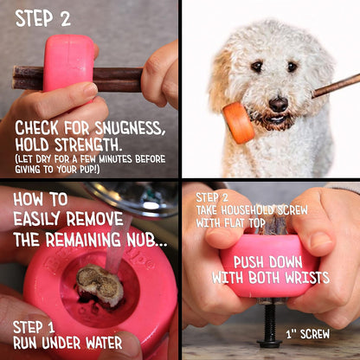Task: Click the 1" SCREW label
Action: (308, 332)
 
